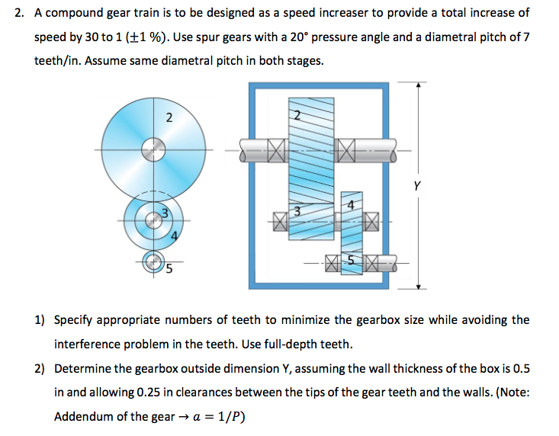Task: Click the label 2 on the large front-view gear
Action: (x=169, y=117)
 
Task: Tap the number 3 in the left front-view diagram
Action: (x=162, y=213)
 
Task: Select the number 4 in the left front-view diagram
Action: (x=174, y=236)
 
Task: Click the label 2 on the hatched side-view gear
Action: (x=297, y=115)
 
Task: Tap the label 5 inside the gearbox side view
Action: (x=351, y=260)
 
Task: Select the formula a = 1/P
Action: (x=223, y=417)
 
